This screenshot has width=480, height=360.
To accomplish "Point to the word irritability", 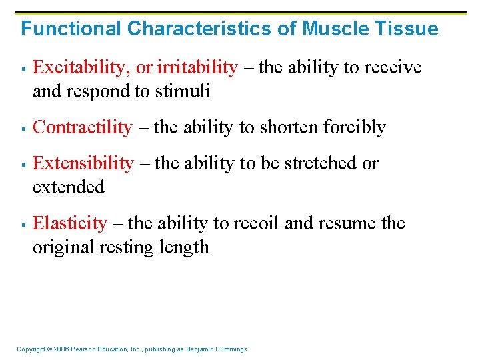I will click(197, 67).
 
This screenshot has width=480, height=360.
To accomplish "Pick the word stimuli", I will click(186, 91).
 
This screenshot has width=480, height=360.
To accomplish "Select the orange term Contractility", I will click(83, 127).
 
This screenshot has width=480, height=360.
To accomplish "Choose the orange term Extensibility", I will click(83, 163).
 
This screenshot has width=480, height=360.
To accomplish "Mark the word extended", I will click(69, 187).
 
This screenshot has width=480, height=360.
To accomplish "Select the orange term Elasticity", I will click(69, 223).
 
